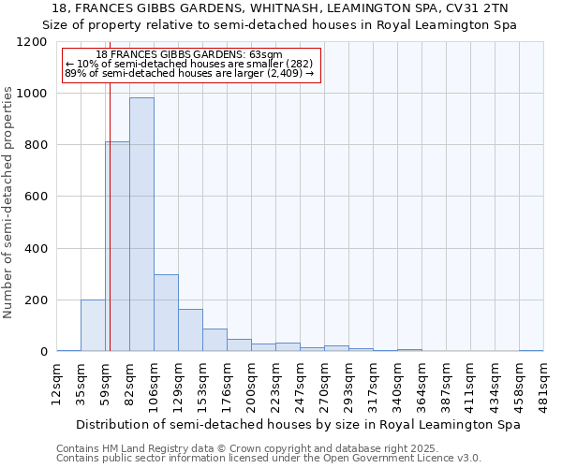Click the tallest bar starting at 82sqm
coord(141,225)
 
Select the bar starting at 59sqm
coord(118,247)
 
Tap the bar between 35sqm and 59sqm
coord(93,326)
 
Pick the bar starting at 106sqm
coord(166,313)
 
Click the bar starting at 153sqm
coord(214,340)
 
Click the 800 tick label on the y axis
coord(36,146)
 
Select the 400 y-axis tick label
coord(36,249)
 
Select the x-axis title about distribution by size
coord(299,424)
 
